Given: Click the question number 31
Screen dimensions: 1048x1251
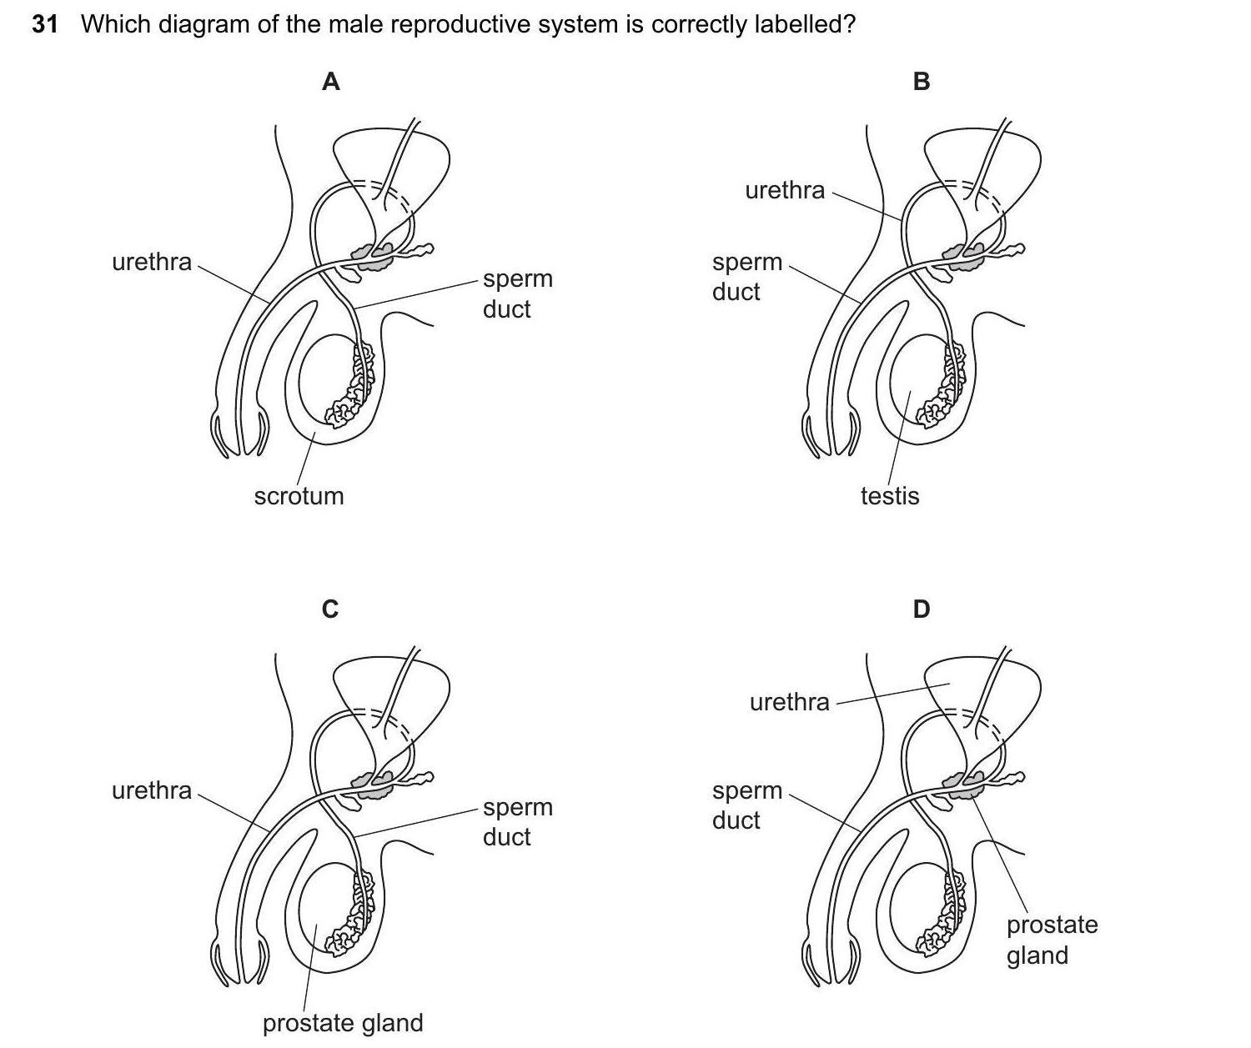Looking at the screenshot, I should coord(45,24).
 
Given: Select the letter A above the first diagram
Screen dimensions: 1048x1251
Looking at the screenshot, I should coord(331,82).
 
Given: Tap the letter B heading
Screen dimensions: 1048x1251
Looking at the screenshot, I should coord(922,82).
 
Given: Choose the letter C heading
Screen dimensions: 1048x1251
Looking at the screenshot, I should coord(330,609).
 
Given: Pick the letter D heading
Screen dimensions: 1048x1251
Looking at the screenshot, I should coord(921,609).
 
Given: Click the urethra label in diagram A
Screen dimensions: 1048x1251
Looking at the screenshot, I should coord(152,262).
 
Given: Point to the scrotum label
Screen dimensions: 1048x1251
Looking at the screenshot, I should coord(299,496).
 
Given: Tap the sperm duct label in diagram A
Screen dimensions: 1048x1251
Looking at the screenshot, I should coord(517,293).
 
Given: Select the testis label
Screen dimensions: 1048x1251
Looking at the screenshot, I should coord(890,496).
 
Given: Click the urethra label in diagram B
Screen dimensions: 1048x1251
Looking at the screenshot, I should coord(785,190).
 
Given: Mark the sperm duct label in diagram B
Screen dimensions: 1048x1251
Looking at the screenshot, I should coord(746,277).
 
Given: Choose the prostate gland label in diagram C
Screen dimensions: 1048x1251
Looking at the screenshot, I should coord(343,1023).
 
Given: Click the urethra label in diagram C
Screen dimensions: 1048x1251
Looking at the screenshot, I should coord(152,790).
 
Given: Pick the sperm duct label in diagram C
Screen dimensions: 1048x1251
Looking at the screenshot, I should coord(517,821).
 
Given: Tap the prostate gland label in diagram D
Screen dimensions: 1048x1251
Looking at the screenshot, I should coord(1052,940).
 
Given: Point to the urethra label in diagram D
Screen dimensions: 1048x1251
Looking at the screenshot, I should coord(790,702).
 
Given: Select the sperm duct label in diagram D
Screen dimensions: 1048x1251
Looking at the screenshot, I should coord(746,805).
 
